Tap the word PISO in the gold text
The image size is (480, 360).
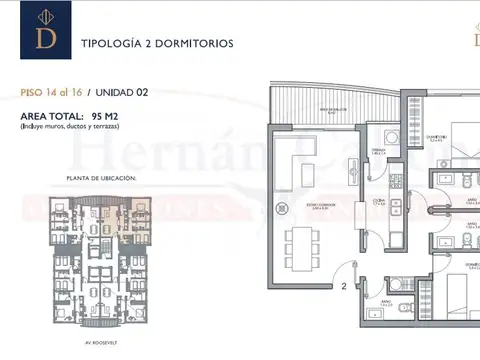coord(31,92)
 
